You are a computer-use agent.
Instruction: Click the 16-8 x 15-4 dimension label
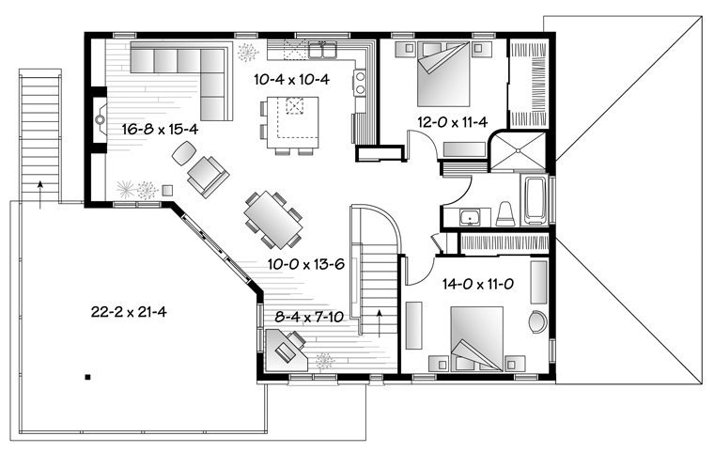tap(160, 130)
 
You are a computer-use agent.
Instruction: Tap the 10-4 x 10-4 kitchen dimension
tap(291, 80)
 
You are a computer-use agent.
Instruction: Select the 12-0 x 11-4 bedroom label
tap(453, 122)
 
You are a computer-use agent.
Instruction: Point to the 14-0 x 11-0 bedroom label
tap(478, 285)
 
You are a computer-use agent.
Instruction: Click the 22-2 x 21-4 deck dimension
tap(129, 312)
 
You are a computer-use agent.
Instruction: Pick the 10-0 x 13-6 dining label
tap(305, 264)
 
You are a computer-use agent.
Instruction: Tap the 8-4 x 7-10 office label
tap(309, 317)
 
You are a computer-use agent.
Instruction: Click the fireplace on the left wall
tap(100, 120)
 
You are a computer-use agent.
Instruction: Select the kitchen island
tap(293, 122)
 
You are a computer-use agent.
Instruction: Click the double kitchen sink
tap(323, 50)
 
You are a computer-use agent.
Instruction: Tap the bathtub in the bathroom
tap(535, 200)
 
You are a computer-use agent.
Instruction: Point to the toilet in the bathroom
tap(505, 214)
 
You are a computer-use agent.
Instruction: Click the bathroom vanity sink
tap(468, 217)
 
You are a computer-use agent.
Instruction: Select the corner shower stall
tap(518, 150)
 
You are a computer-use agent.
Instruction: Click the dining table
tap(273, 220)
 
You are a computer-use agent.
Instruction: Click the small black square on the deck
tap(88, 377)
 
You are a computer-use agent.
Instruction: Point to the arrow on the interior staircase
tap(379, 323)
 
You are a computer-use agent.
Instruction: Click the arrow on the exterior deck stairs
tap(40, 195)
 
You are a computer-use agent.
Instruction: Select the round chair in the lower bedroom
tap(537, 322)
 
